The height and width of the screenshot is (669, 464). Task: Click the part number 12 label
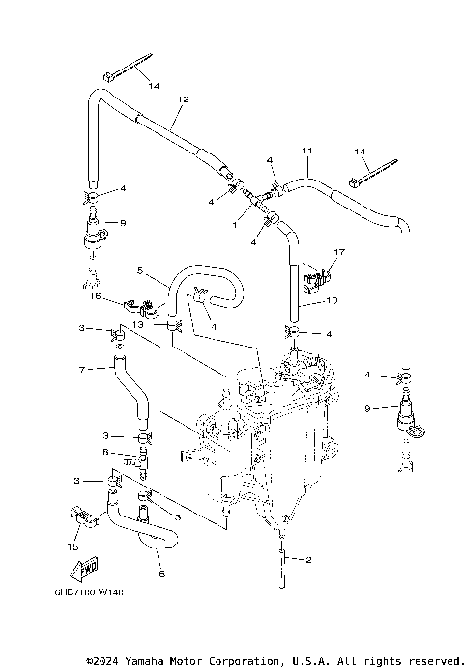(x=184, y=99)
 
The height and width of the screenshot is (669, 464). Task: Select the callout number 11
(x=307, y=152)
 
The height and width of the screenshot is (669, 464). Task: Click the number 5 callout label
(x=139, y=271)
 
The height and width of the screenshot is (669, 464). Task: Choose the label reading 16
(x=96, y=297)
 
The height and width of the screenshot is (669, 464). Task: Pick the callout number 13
(x=138, y=326)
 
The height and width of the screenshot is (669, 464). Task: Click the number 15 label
(x=72, y=547)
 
